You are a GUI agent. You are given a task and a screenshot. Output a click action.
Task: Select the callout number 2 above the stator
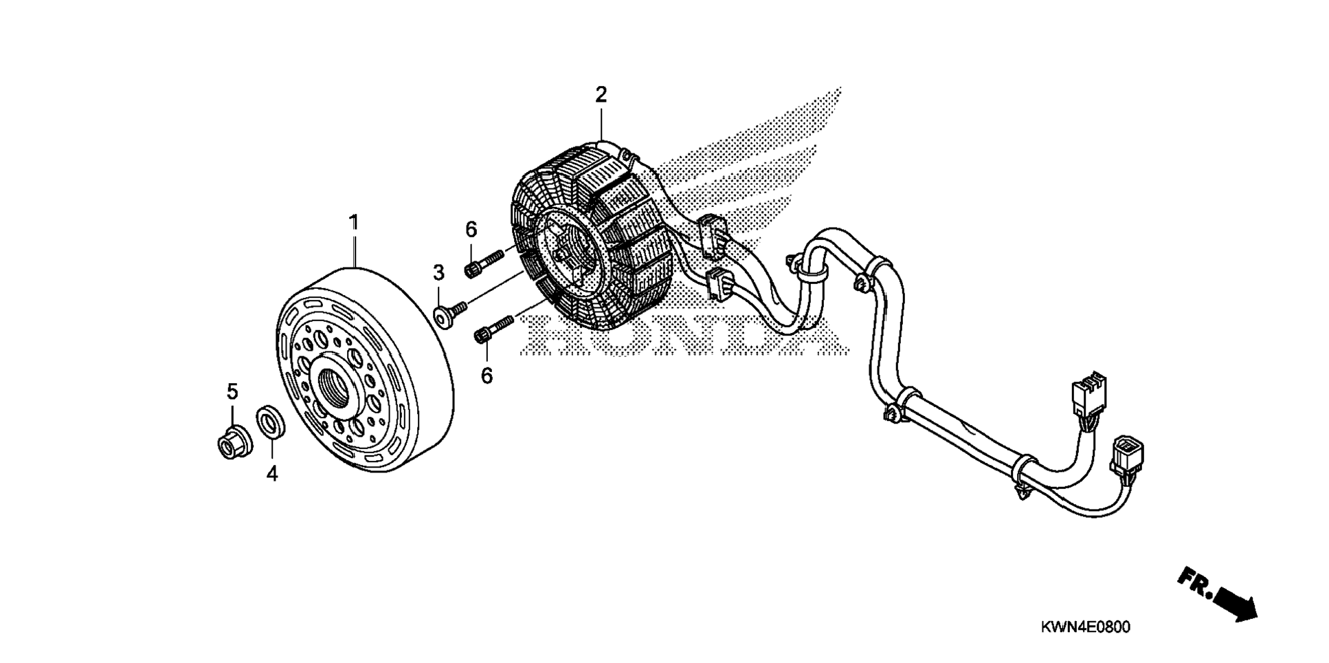pyautogui.click(x=601, y=95)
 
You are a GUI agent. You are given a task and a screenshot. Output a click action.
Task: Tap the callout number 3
pyautogui.click(x=438, y=273)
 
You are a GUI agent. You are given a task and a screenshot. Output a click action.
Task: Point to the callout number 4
pyautogui.click(x=272, y=473)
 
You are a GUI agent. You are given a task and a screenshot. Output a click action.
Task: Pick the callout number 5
pyautogui.click(x=232, y=391)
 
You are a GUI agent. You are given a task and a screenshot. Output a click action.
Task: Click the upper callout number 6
pyautogui.click(x=471, y=229)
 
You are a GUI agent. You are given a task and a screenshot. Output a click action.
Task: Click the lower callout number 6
pyautogui.click(x=487, y=376)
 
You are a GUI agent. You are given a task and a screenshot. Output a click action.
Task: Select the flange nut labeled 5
pyautogui.click(x=232, y=442)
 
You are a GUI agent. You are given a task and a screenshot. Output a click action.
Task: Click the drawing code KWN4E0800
pyautogui.click(x=1085, y=627)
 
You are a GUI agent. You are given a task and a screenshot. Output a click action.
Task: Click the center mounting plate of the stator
pyautogui.click(x=570, y=251)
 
